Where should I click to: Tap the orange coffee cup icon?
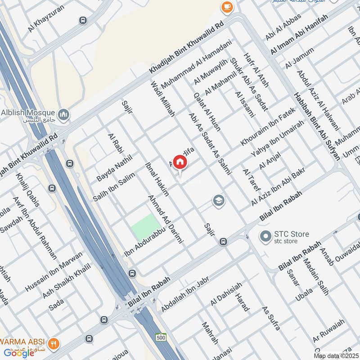226,7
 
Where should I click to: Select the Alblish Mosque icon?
64,115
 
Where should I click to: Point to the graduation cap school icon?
219,201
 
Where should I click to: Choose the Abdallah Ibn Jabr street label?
185,295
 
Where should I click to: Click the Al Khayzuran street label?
46,18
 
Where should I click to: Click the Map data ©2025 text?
336,356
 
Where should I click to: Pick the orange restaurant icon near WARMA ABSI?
54,342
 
